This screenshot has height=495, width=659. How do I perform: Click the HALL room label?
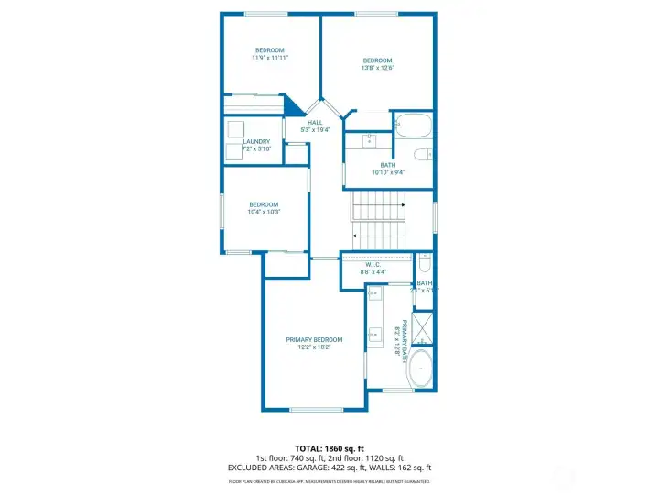(x=315, y=122)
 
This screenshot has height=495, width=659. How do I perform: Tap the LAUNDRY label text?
(x=256, y=141)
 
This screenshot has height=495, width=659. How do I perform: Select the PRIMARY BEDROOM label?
(x=313, y=339)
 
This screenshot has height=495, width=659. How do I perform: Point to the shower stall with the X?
(x=422, y=327)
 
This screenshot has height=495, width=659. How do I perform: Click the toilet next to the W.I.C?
(x=424, y=266)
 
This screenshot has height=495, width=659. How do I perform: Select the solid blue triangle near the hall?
(x=293, y=106)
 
